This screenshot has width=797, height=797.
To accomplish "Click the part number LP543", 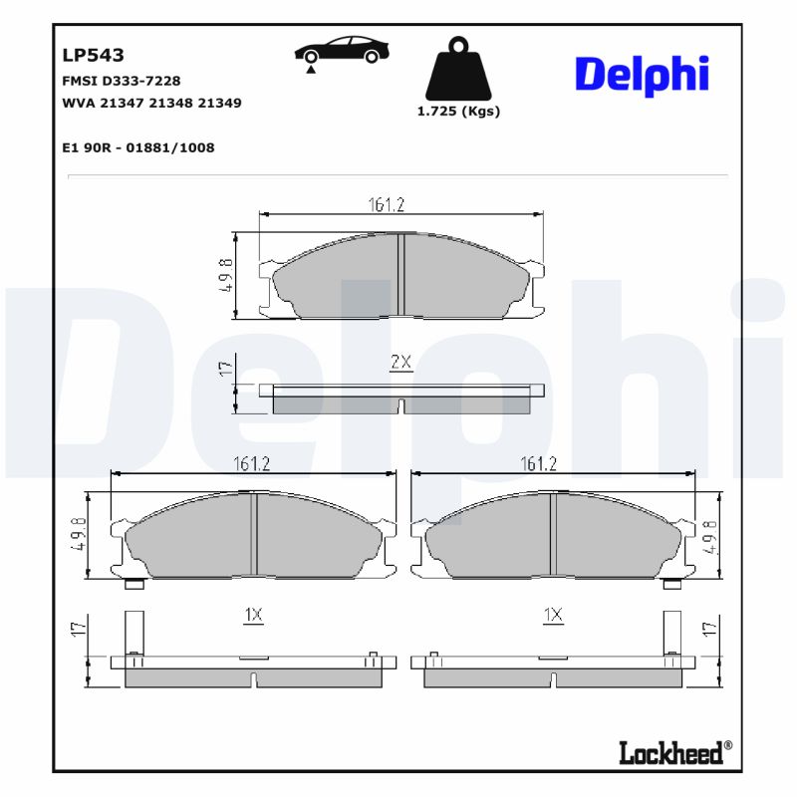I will pyautogui.click(x=93, y=56).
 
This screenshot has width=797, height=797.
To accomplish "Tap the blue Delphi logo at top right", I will pyautogui.click(x=642, y=75).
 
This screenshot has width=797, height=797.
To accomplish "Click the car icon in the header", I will pyautogui.click(x=342, y=52).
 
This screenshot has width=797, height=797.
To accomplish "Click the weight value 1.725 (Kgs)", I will pyautogui.click(x=458, y=112).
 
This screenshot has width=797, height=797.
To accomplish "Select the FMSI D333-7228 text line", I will pyautogui.click(x=121, y=81).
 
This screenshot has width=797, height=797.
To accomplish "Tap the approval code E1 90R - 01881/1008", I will pyautogui.click(x=137, y=147).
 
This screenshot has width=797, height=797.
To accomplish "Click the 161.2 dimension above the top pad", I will pyautogui.click(x=387, y=204).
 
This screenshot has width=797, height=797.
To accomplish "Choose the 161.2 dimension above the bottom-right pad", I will pyautogui.click(x=539, y=463).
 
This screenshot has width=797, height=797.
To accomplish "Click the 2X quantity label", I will pyautogui.click(x=400, y=363).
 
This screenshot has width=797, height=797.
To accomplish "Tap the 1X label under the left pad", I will pyautogui.click(x=253, y=616).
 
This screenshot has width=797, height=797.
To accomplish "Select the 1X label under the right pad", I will pyautogui.click(x=553, y=616).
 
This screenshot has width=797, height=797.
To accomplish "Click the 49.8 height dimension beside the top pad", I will pyautogui.click(x=226, y=276).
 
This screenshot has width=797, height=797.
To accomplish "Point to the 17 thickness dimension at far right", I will pyautogui.click(x=710, y=628).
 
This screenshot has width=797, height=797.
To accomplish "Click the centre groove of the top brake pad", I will pyautogui.click(x=399, y=276).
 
